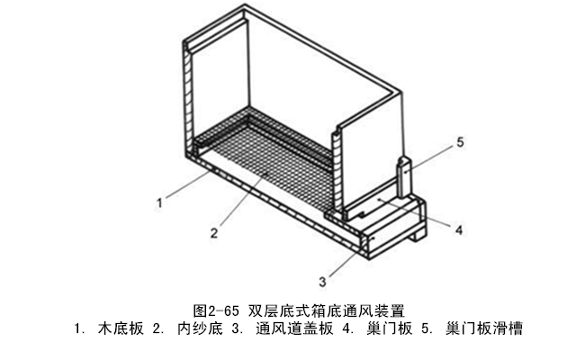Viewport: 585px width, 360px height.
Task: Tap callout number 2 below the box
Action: coord(214,233)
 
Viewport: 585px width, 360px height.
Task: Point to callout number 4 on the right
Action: coord(458,229)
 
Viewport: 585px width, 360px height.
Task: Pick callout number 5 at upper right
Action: coord(459,142)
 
